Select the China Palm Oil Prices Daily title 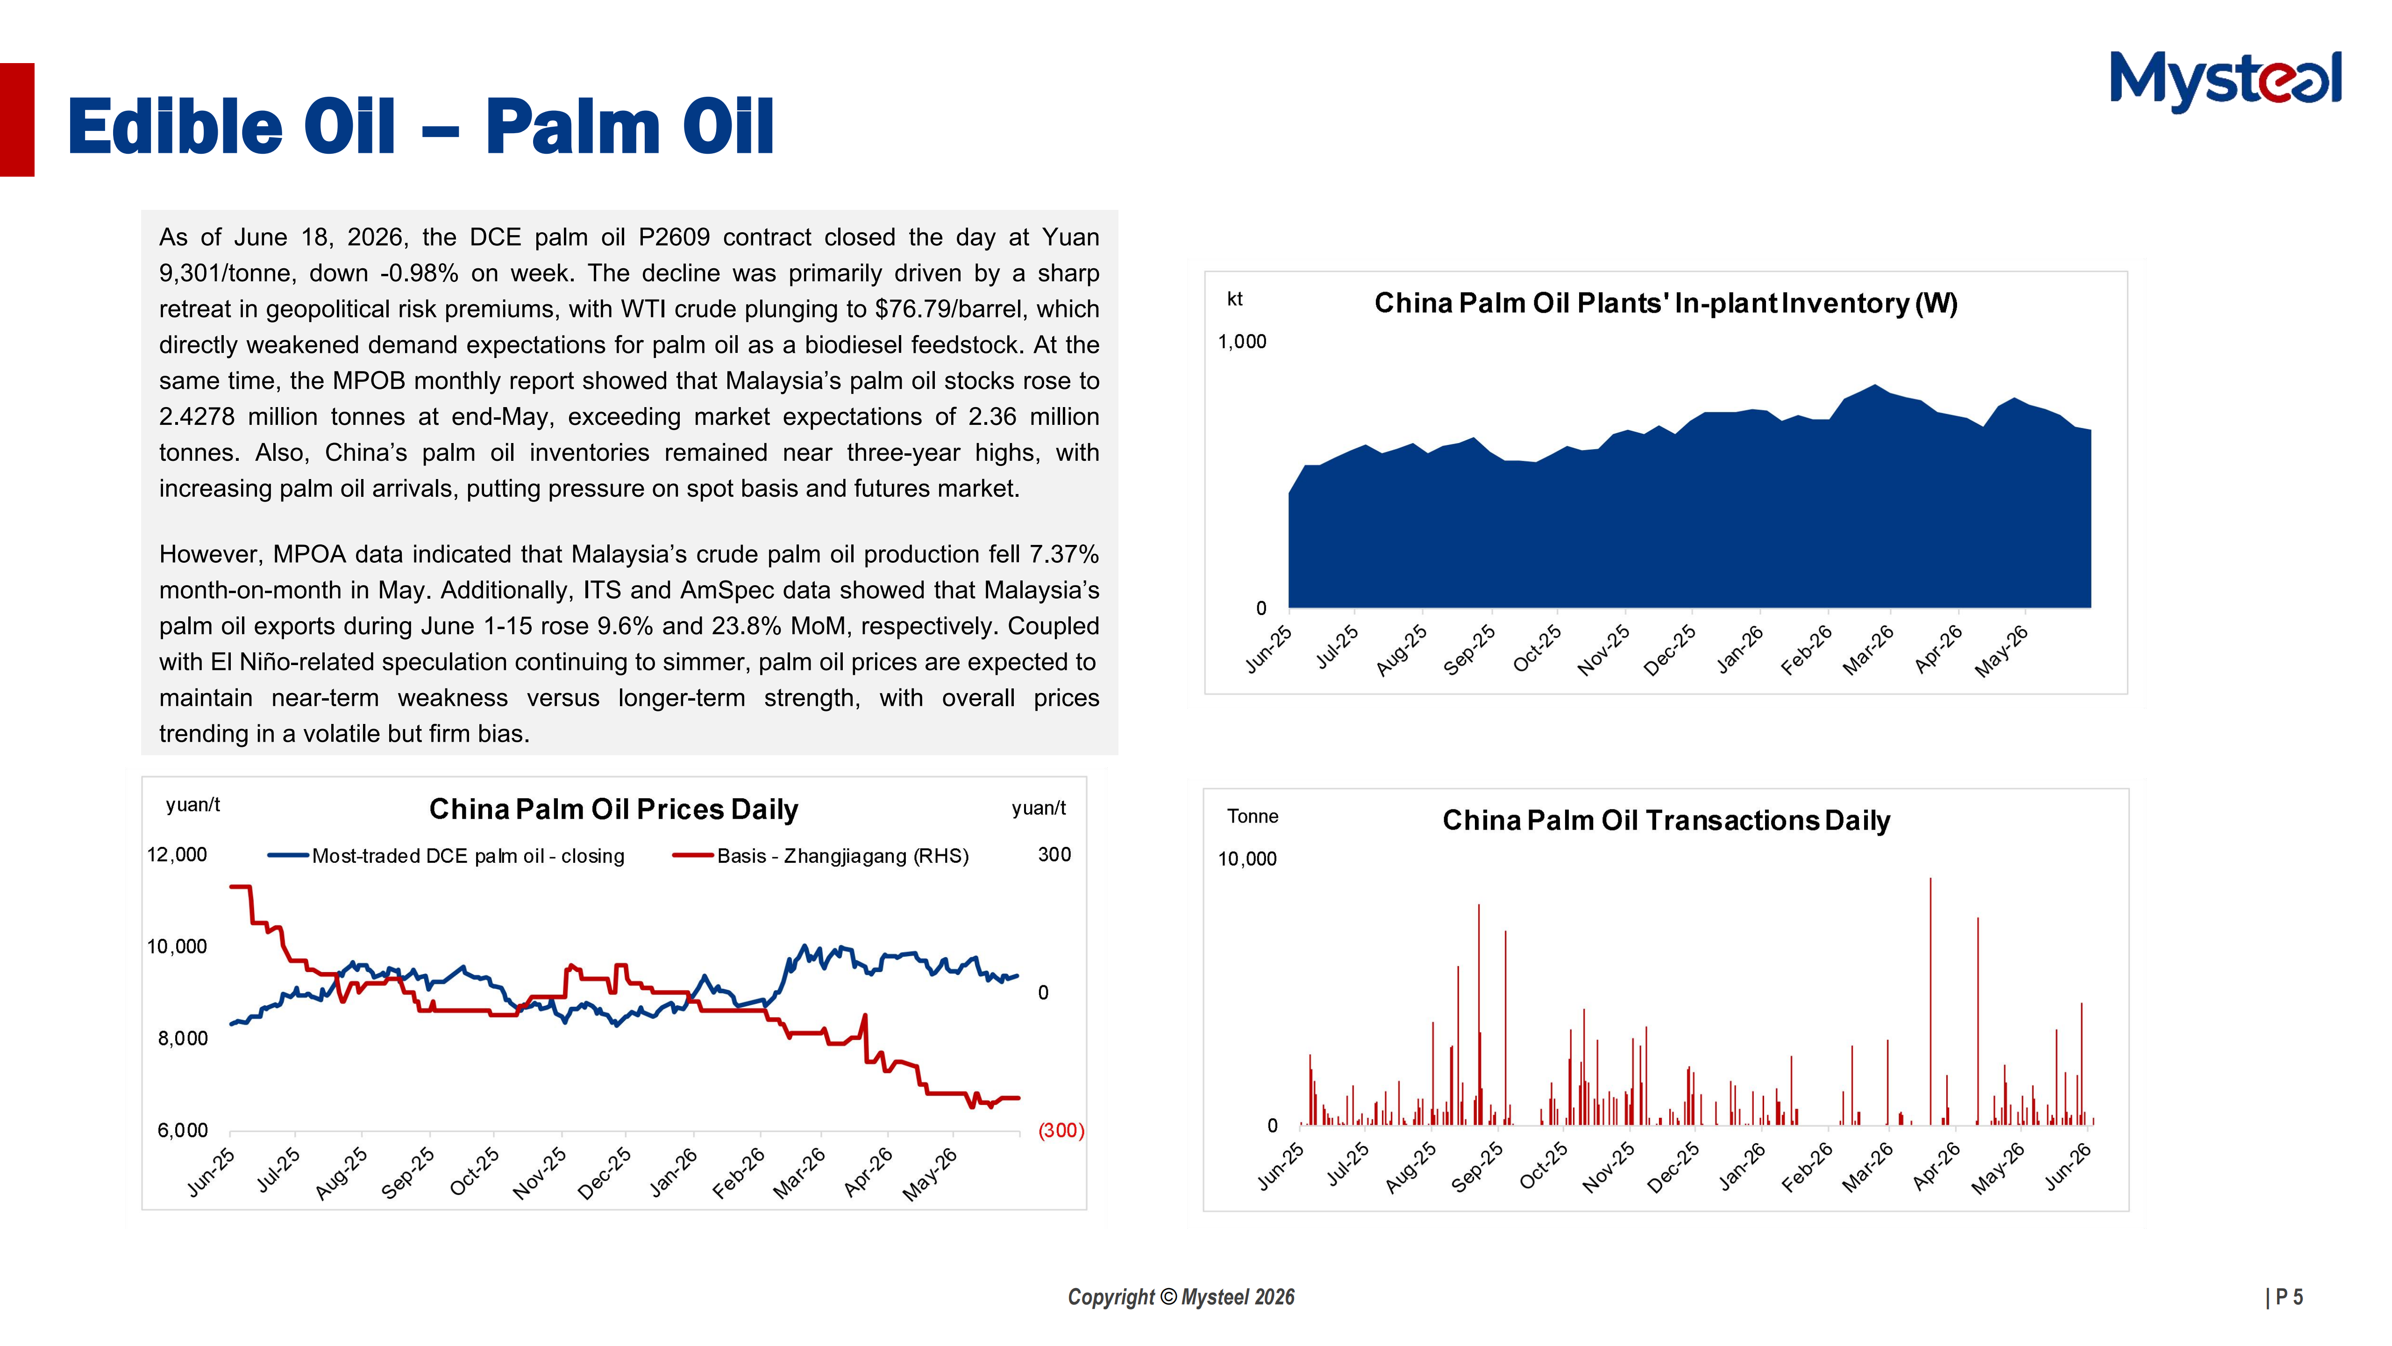tap(614, 809)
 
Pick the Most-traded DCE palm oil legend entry tap(446, 856)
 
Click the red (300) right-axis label tap(1061, 1131)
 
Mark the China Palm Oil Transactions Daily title tap(1666, 820)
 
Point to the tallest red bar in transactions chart tap(1930, 1002)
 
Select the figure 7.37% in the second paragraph tap(1064, 555)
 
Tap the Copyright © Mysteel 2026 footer tap(1181, 1297)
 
